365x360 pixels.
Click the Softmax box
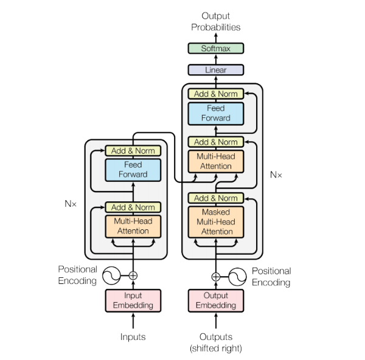[x=216, y=48]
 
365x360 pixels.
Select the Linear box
[x=216, y=70]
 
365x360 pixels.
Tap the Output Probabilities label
[x=216, y=21]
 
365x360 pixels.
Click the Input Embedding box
[x=133, y=300]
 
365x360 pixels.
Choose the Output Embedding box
[x=215, y=300]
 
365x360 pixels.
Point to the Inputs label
[x=133, y=336]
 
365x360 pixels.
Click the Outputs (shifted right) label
[x=215, y=342]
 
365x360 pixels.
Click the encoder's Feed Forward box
[x=133, y=169]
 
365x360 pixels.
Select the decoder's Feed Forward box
[x=216, y=113]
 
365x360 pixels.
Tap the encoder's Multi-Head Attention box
[x=133, y=226]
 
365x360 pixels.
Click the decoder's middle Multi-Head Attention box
[x=216, y=161]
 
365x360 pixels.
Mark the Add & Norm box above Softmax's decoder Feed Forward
[x=216, y=94]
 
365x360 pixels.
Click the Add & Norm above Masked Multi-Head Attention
[x=216, y=198]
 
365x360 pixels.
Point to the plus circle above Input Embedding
[x=133, y=275]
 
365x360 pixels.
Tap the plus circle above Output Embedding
[x=215, y=276]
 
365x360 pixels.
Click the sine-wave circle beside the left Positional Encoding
[x=111, y=275]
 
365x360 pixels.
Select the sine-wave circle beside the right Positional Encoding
[x=237, y=276]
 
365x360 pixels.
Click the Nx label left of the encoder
[x=71, y=203]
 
